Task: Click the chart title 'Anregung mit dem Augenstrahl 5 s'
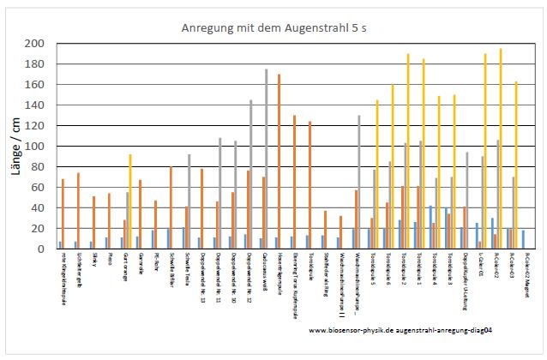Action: coord(273,28)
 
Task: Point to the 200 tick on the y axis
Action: coord(39,44)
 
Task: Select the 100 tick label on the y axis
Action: coord(39,147)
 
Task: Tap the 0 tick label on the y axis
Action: coord(44,249)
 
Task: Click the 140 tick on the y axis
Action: coord(39,105)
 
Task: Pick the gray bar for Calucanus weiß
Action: coord(266,159)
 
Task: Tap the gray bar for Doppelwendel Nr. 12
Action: coord(251,174)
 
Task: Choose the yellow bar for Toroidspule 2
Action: coord(408,151)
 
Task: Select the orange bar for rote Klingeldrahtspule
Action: coord(63,213)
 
